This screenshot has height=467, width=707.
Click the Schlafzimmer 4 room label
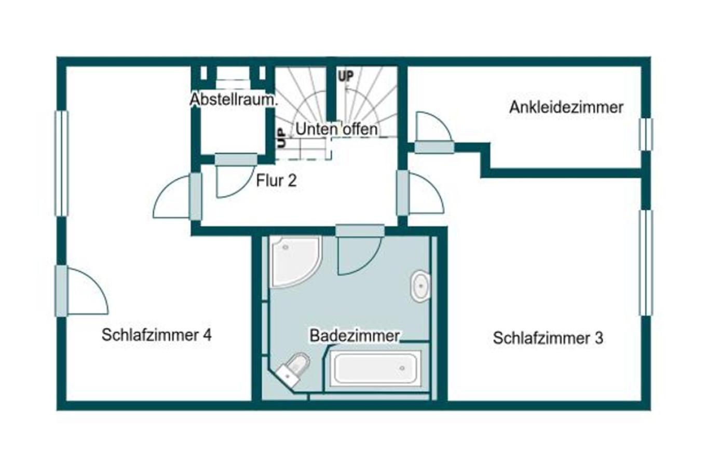(156, 335)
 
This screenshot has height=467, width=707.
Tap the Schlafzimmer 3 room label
(548, 338)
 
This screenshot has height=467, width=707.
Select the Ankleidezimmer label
(566, 107)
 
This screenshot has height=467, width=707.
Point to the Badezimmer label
(355, 335)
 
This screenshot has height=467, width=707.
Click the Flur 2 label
(276, 181)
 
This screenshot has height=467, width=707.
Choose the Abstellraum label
(233, 99)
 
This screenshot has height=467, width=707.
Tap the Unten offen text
(336, 129)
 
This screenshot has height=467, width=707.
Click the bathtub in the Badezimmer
(375, 368)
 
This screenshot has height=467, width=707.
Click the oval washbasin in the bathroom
(420, 285)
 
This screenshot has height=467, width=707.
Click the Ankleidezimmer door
(434, 135)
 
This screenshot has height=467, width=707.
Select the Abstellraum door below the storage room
(235, 176)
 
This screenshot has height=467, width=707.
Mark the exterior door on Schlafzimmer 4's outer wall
(83, 291)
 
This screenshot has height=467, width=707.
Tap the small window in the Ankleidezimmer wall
(645, 134)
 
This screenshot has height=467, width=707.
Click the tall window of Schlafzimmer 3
(645, 263)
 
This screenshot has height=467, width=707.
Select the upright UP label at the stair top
(346, 76)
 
